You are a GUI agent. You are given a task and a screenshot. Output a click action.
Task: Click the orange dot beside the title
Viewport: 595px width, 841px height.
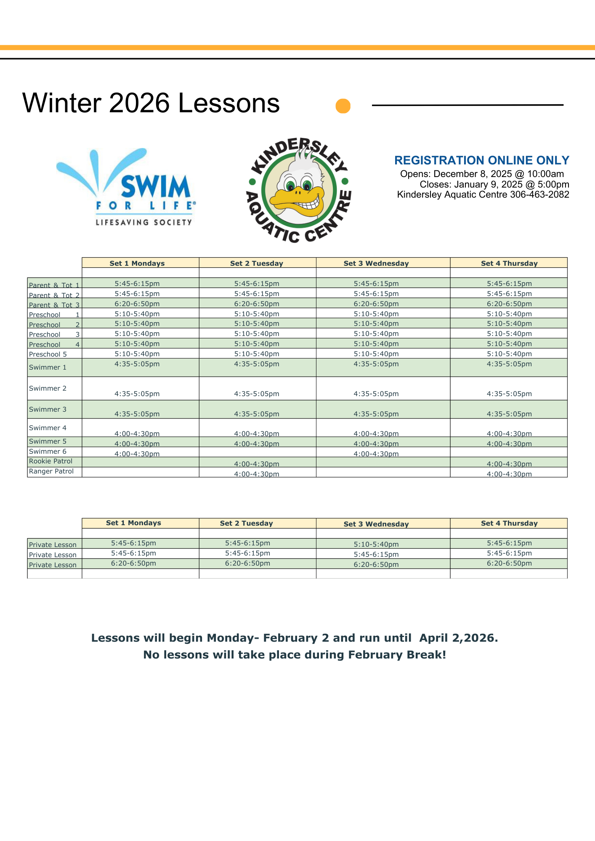click(x=343, y=106)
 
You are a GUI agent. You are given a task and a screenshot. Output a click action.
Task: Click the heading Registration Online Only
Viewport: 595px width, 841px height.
click(x=481, y=160)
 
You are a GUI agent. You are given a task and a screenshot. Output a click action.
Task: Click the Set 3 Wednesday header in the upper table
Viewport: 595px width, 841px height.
click(x=376, y=263)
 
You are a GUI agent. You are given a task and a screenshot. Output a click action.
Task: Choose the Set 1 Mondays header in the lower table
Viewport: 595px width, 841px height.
click(x=133, y=523)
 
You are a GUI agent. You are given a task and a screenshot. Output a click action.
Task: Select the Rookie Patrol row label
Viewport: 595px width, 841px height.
click(x=50, y=461)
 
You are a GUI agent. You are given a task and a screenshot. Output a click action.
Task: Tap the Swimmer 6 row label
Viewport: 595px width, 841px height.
click(x=48, y=452)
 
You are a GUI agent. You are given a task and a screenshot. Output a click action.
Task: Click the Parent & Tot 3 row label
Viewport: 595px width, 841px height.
click(x=54, y=305)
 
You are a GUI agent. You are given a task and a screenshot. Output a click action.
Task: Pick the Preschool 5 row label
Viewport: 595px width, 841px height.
click(x=48, y=354)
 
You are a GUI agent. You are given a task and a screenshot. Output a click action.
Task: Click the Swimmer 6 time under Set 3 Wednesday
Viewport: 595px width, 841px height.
click(x=376, y=454)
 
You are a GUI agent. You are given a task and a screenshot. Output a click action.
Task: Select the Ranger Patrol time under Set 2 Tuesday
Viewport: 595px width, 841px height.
click(x=256, y=474)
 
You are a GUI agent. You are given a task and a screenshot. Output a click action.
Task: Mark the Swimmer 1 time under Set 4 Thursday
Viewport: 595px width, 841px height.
click(x=509, y=364)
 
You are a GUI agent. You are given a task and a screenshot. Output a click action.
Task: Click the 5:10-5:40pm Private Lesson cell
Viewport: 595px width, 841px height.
click(x=376, y=544)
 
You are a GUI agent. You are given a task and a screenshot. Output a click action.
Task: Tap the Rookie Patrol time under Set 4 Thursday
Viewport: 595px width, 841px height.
click(x=509, y=464)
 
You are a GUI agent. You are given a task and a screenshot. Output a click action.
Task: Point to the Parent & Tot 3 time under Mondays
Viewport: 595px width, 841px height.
click(x=137, y=304)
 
